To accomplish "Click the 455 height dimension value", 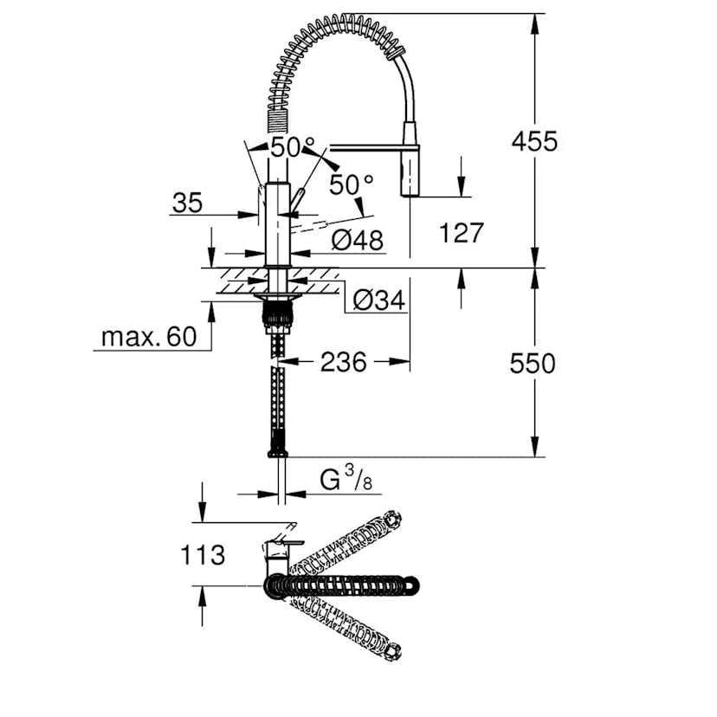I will tap(534, 141).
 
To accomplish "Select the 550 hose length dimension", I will tap(533, 363).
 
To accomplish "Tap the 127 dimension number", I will tap(461, 233).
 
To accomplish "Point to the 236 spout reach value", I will tap(344, 362).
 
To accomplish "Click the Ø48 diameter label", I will tap(357, 241).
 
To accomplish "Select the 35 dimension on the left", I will tap(187, 203).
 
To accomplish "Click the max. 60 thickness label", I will tap(148, 336).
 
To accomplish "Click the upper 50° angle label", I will tap(286, 148).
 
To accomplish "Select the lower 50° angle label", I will tap(350, 184).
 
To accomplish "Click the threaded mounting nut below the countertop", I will tap(277, 315).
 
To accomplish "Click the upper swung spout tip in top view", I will tap(391, 521).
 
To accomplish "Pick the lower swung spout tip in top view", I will tap(391, 649).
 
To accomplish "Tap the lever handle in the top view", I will tap(279, 546).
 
